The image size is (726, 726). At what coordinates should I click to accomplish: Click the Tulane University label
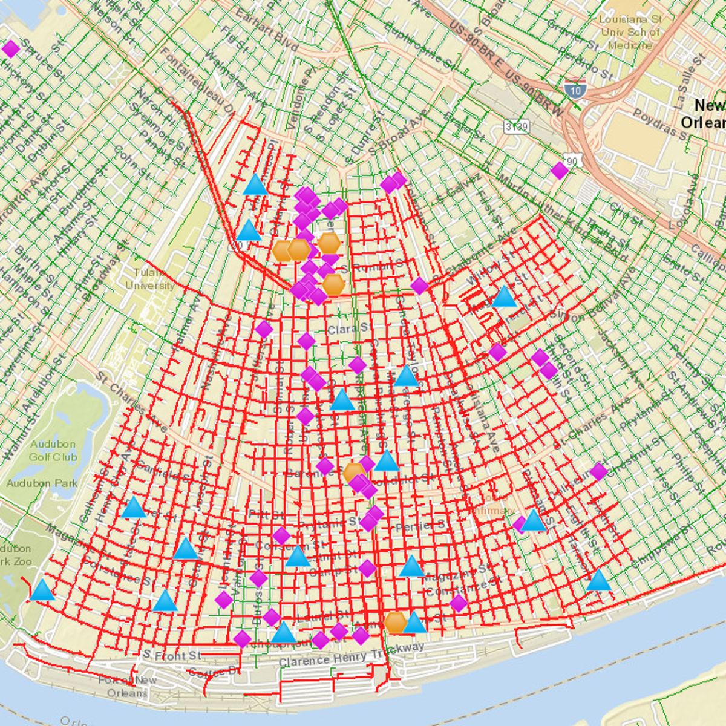(149, 280)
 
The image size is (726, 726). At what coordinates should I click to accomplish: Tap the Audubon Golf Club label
(53, 451)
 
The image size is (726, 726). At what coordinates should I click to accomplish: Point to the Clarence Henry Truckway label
(352, 655)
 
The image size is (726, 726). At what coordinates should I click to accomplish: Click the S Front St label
(172, 655)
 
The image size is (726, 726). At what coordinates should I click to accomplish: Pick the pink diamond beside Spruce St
(10, 49)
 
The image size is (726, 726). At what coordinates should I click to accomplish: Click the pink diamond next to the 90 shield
(560, 171)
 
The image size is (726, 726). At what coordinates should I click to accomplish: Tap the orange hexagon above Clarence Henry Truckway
(395, 622)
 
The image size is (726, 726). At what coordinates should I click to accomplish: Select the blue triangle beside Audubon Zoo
(42, 590)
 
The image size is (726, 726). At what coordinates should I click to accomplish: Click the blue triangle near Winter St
(504, 297)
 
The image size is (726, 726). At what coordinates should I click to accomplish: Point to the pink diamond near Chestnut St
(598, 471)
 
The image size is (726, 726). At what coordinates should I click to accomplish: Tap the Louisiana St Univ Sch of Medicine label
(630, 32)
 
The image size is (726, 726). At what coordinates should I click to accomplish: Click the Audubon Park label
(42, 483)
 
